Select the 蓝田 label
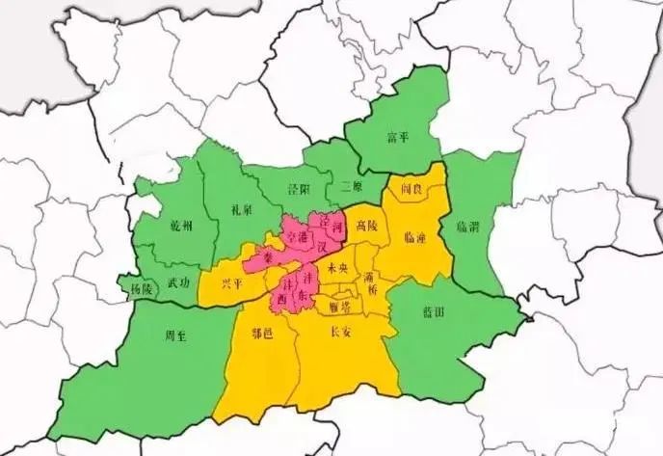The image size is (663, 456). click(433, 312)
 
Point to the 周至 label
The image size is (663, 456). click(175, 336)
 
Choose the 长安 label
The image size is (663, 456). click(341, 332)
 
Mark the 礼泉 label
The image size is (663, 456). click(243, 207)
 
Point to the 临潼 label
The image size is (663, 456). click(416, 235)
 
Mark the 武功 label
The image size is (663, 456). click(178, 282)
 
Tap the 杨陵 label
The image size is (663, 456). click(142, 288)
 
